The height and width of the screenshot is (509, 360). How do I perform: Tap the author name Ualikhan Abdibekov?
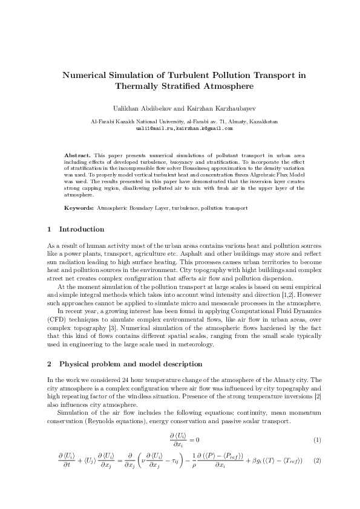click(142, 110)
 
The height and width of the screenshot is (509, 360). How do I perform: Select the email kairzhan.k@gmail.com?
click(204, 129)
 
